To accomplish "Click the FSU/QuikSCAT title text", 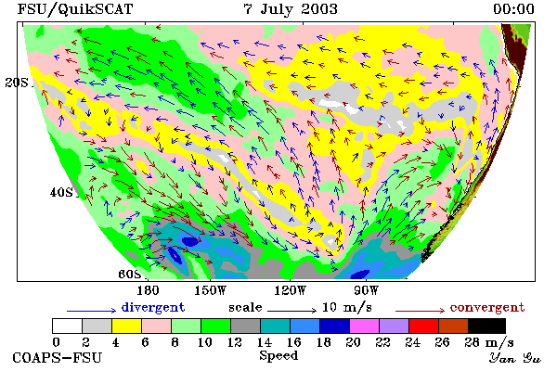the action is (x=75, y=9).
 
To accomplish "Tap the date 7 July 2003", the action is (x=291, y=9).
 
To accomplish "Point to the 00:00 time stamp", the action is (x=513, y=9).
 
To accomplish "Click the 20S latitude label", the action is (x=17, y=83).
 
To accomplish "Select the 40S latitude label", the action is (x=61, y=192).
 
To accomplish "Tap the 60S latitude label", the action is (x=129, y=275).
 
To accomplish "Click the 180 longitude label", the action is (x=148, y=290).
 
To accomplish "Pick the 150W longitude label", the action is (x=211, y=290).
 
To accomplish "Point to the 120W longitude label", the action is (x=290, y=290).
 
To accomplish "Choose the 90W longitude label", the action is (x=367, y=290).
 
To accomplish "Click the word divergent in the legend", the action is (x=153, y=307).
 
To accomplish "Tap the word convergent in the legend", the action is (x=487, y=307).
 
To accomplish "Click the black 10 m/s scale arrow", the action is (x=291, y=311).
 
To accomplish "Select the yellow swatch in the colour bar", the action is (x=127, y=326).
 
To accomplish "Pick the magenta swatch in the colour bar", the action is (x=365, y=326).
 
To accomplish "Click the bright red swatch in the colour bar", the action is (x=424, y=326).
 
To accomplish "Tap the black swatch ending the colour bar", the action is (x=486, y=326).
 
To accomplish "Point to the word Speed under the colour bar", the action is (x=278, y=356).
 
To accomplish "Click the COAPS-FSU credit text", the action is (x=58, y=357).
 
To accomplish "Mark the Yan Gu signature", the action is (x=514, y=358).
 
